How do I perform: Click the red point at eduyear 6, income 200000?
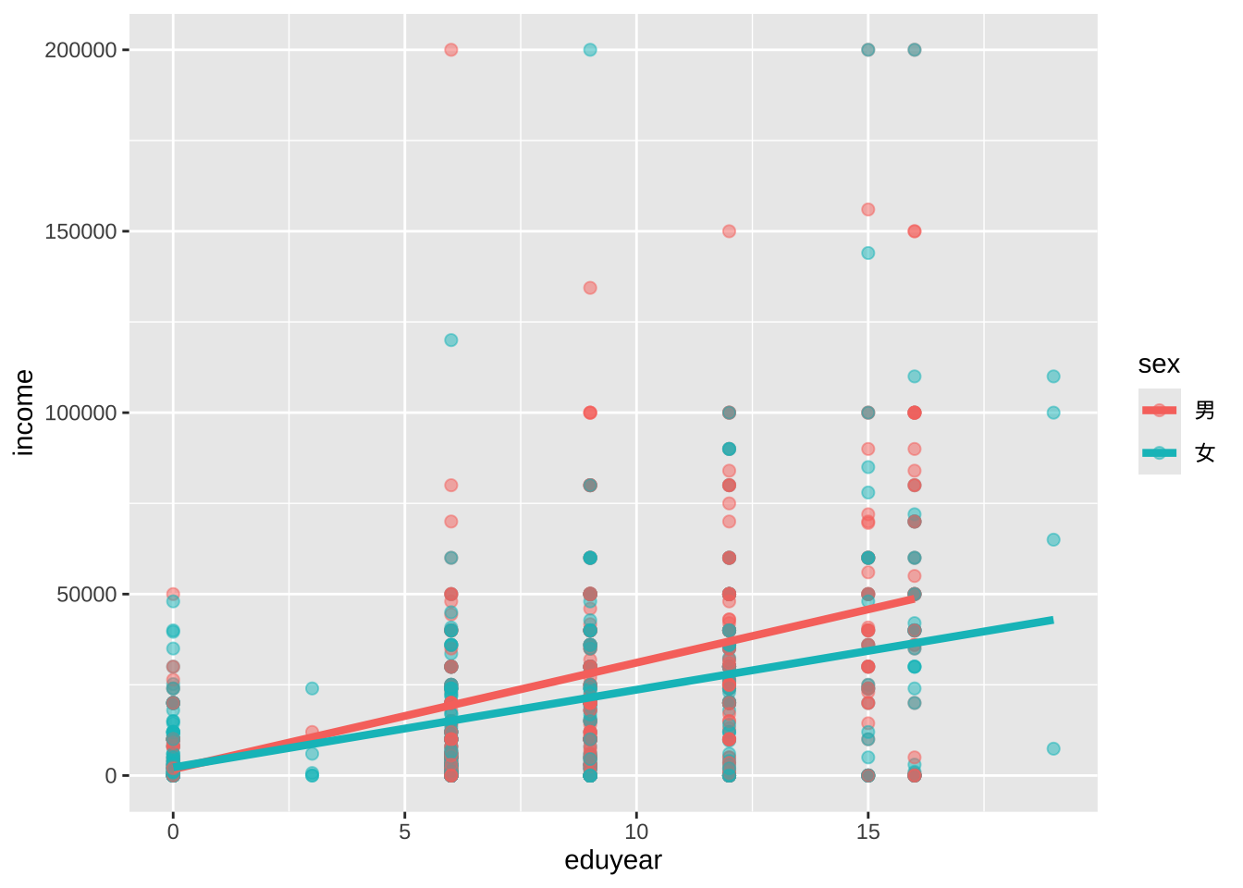[450, 50]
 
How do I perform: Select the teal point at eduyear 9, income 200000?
[590, 50]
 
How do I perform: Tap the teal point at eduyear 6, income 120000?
[450, 340]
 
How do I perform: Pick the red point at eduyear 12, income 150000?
[729, 231]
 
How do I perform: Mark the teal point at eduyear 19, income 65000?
[1053, 540]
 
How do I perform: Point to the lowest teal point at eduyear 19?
[1053, 749]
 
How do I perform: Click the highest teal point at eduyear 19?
[1053, 376]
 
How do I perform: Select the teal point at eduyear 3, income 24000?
[312, 688]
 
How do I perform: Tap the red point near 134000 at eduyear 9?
[590, 288]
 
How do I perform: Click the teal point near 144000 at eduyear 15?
[868, 253]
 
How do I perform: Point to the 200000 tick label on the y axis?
[80, 50]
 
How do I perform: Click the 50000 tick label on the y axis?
[87, 594]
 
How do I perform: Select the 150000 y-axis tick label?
[80, 231]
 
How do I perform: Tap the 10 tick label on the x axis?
[636, 832]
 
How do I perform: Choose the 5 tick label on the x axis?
[404, 832]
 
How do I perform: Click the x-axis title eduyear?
[613, 861]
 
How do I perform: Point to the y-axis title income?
[24, 413]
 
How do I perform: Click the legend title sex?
[1159, 364]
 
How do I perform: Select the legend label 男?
[1204, 410]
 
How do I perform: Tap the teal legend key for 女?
[1160, 453]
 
